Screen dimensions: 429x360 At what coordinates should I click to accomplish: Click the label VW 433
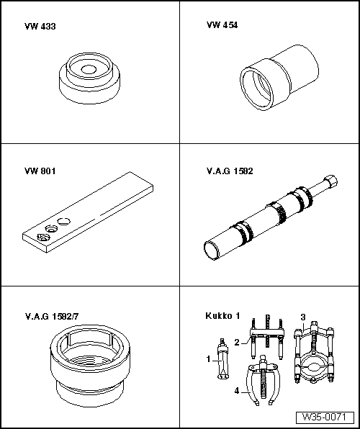(40, 27)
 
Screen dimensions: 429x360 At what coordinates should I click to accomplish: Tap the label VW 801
(40, 172)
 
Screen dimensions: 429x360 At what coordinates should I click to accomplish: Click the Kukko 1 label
(222, 317)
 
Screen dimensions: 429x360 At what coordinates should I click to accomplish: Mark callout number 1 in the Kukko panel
(207, 356)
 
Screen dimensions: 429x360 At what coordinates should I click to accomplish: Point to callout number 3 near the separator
(303, 317)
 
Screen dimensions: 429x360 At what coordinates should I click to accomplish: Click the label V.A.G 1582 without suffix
(229, 172)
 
